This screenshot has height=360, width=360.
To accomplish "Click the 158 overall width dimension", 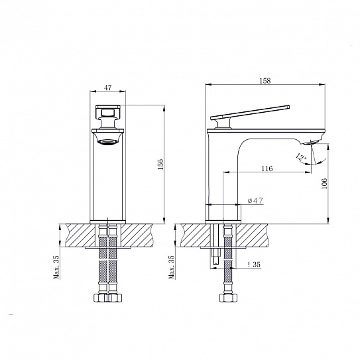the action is click(x=265, y=81).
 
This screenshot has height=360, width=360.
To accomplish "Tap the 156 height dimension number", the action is click(x=160, y=164).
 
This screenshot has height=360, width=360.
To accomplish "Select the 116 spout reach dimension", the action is click(x=267, y=168).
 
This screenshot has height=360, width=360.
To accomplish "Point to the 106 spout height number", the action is click(x=324, y=183).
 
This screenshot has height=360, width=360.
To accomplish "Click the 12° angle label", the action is click(x=301, y=157).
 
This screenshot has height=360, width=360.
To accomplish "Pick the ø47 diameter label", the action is click(x=255, y=200).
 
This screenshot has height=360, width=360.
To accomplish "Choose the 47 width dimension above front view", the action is click(x=107, y=88).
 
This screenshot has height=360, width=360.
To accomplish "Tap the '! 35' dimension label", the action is click(x=254, y=265).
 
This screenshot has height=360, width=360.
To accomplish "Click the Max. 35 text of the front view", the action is click(x=56, y=267).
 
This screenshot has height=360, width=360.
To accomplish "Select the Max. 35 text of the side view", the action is click(x=172, y=267).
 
